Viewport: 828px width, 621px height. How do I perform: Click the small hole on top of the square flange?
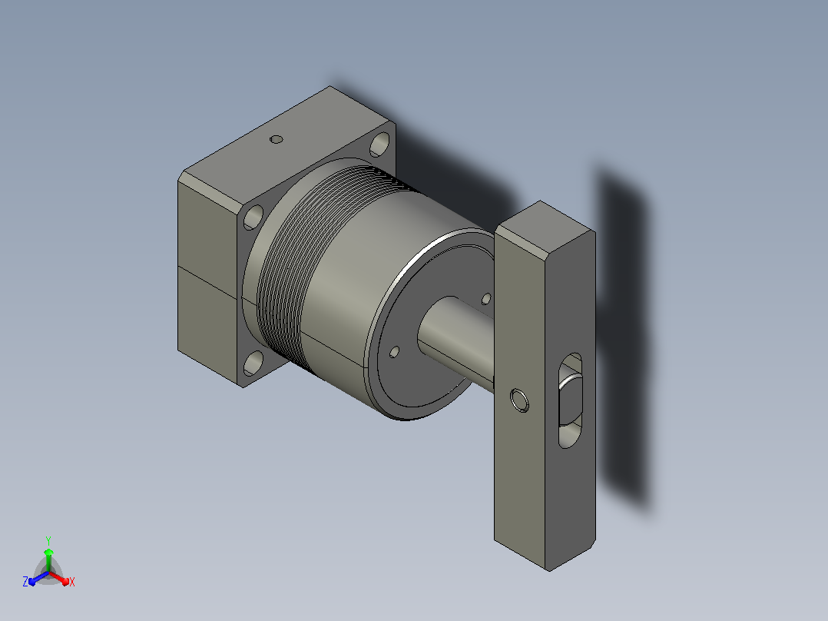pos(277,140)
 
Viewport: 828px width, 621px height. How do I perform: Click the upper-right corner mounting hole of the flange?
pos(379,144)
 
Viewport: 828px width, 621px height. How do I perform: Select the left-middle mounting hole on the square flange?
pos(253,217)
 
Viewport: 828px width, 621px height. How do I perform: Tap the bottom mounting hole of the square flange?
pos(254,363)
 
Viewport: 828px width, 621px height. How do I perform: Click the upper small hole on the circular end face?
pos(486,299)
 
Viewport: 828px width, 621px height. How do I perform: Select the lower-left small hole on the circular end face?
pos(395,352)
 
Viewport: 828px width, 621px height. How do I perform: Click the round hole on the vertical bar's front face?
pos(519,400)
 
